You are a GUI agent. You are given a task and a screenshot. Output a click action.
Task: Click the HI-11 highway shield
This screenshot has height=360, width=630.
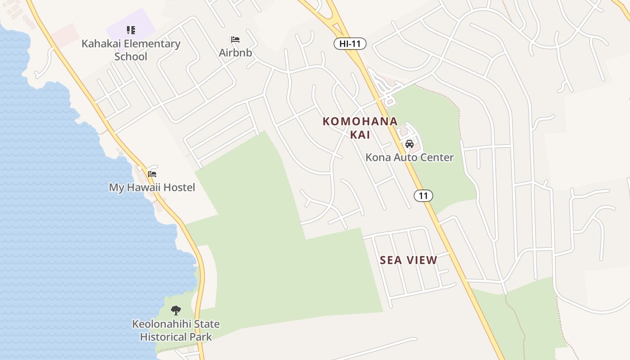pyautogui.click(x=350, y=44)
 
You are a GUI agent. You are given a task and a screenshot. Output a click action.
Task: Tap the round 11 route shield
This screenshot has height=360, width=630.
pyautogui.click(x=423, y=195)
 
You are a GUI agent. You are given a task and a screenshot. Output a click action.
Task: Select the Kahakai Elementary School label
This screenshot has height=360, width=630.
pyautogui.click(x=131, y=50)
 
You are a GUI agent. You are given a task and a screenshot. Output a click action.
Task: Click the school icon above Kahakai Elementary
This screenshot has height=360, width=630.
pyautogui.click(x=131, y=30)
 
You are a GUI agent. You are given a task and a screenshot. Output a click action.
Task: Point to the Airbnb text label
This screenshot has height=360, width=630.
pyautogui.click(x=235, y=53)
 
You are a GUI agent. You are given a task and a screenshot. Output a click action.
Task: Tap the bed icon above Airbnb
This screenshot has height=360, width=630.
pyautogui.click(x=235, y=40)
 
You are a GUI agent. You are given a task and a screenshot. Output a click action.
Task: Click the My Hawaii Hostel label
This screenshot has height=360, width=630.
pyautogui.click(x=152, y=187)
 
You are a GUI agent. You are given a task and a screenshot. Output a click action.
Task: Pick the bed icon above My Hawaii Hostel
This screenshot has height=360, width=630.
pyautogui.click(x=152, y=174)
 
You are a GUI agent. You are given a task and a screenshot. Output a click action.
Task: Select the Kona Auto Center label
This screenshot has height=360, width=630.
pyautogui.click(x=409, y=157)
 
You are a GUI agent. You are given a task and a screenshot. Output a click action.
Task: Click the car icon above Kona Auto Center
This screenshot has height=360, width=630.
pyautogui.click(x=409, y=144)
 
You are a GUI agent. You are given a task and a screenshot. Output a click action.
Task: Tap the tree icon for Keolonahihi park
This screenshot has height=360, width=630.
pyautogui.click(x=176, y=310)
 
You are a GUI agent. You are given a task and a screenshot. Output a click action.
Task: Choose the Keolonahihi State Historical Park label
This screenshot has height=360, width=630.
pyautogui.click(x=176, y=330)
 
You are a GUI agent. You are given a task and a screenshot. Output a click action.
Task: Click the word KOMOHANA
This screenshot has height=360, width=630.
pyautogui.click(x=360, y=121)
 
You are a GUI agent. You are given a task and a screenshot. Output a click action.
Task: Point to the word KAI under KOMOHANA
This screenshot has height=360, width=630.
pyautogui.click(x=360, y=135)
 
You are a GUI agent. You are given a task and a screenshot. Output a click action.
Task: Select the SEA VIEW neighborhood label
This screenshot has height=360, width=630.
pyautogui.click(x=409, y=260)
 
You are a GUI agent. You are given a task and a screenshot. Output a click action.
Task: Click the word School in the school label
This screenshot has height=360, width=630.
pyautogui.click(x=131, y=57)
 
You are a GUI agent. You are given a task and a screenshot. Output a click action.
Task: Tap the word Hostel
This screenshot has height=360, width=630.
pyautogui.click(x=179, y=187)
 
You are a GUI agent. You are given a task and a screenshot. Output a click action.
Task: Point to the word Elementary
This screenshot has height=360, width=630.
pyautogui.click(x=152, y=44)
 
